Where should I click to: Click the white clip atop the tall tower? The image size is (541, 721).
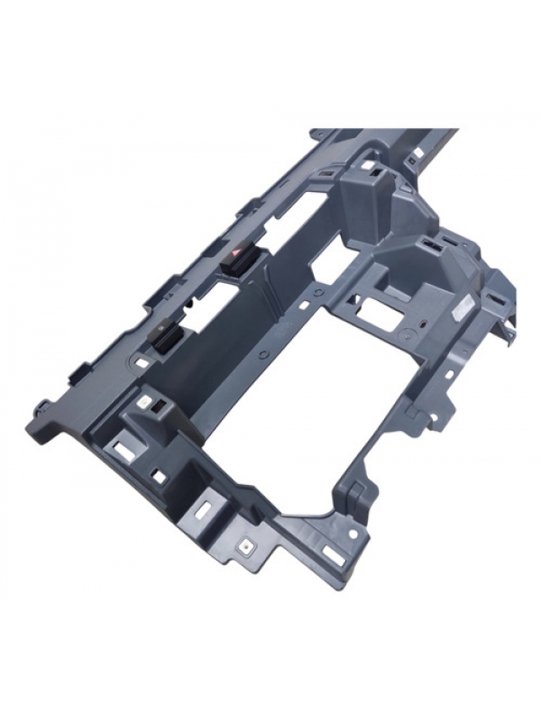click(371, 168)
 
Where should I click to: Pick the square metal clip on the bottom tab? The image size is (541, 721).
click(244, 545)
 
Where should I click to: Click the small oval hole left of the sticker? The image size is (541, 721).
click(421, 323)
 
